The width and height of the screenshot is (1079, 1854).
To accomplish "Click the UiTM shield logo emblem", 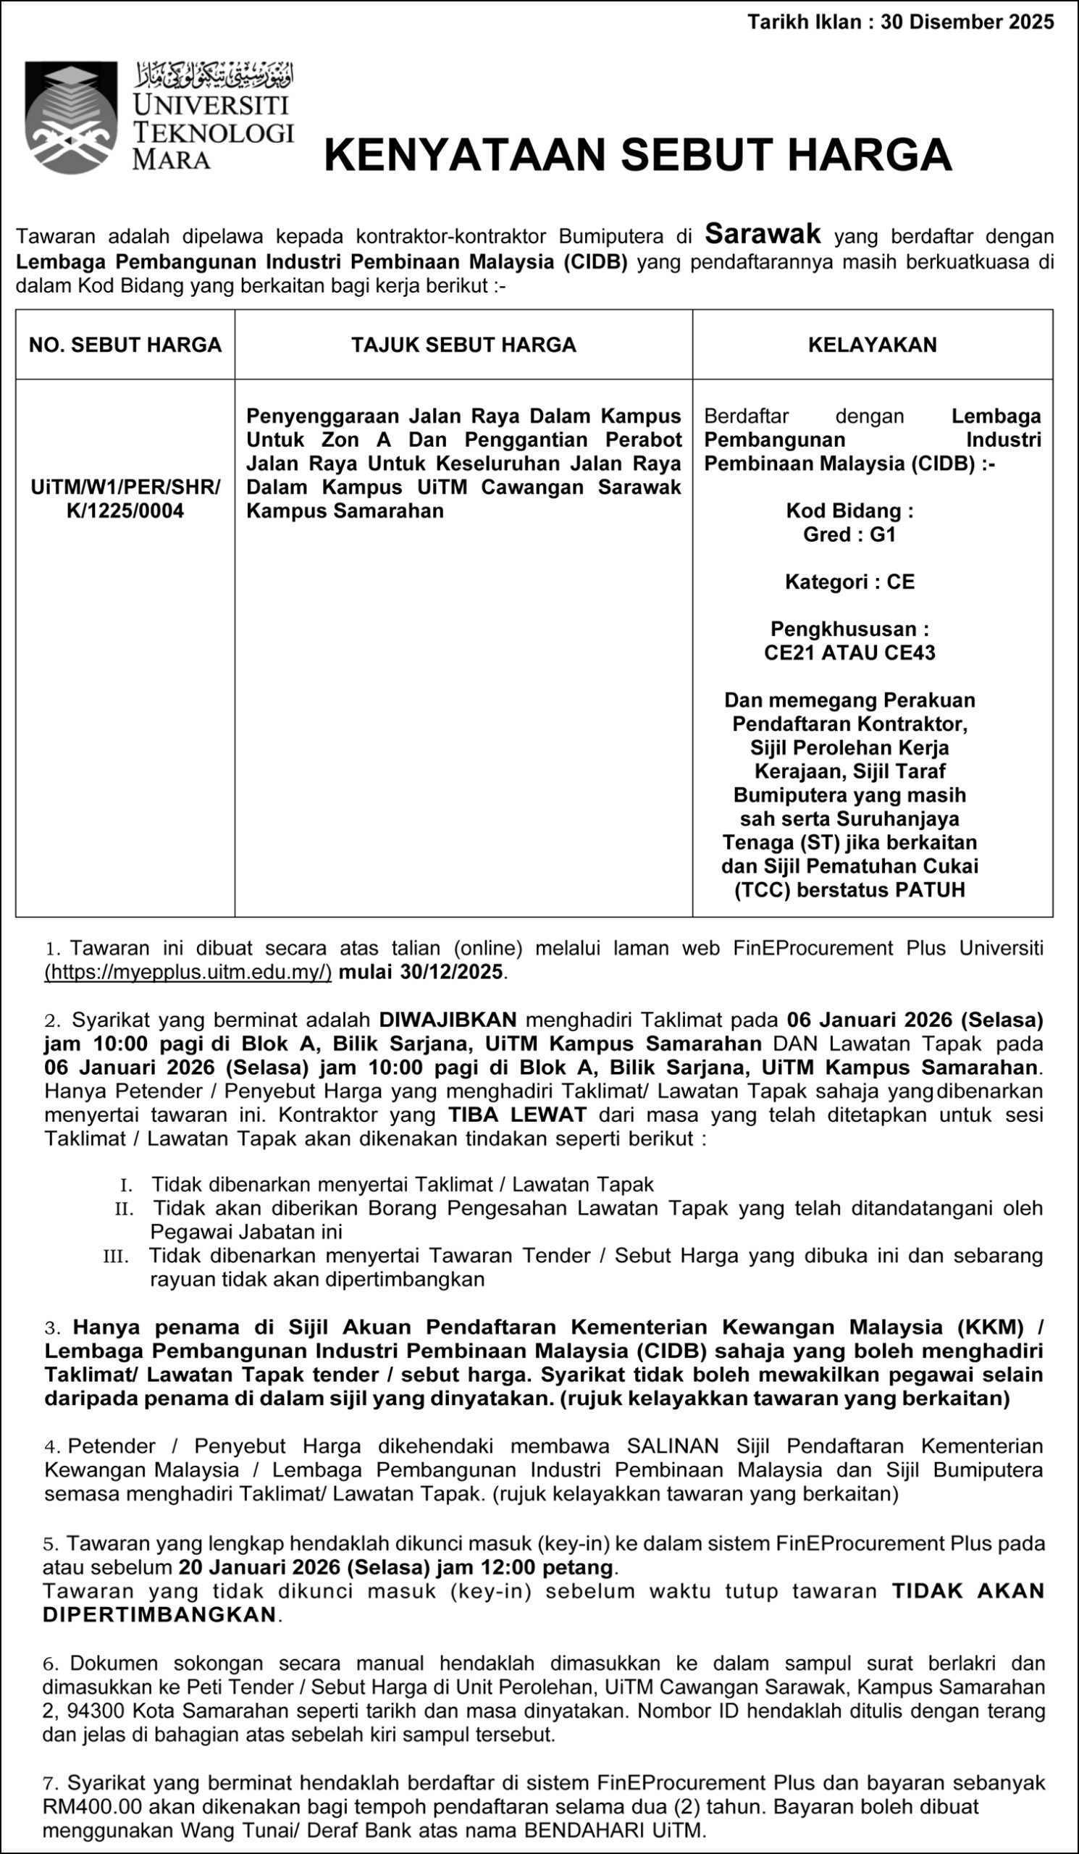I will coord(71,117).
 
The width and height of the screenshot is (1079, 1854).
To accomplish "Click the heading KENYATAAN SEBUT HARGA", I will coord(638,154).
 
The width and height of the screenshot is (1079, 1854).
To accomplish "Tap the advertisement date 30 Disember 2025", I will coord(967,22).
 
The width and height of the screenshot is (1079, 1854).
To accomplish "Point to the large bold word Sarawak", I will coord(763,234).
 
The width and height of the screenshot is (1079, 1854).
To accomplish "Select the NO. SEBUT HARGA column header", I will coord(125,345).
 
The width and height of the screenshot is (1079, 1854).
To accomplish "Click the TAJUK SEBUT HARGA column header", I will coord(463,345).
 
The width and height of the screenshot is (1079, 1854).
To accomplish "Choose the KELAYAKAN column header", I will coord(873,345).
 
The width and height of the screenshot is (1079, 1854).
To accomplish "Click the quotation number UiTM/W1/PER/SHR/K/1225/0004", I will coord(125,499).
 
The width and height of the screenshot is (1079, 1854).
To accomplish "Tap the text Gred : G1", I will coord(849,534).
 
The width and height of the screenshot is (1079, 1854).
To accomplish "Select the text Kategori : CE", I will coord(849,582).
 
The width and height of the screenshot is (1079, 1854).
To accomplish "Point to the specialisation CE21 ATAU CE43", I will coord(849,653).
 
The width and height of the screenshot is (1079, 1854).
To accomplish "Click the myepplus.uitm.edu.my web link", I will coord(188,972).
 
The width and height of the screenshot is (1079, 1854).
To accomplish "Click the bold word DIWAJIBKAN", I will coord(448,1020).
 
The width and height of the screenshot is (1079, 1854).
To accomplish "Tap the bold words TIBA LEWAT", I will coord(517,1115).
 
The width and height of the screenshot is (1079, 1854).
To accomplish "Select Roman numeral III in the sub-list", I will coord(116,1256).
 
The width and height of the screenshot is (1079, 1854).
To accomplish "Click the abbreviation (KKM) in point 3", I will coord(990,1327).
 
